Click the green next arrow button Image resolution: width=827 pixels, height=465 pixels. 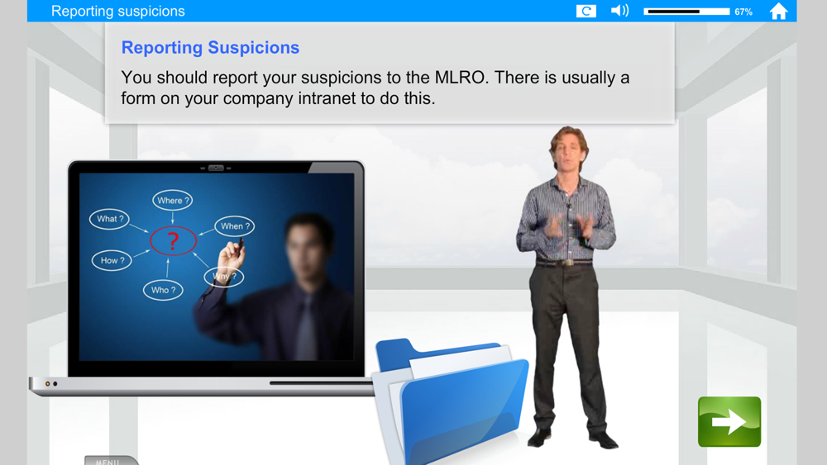point(729,422)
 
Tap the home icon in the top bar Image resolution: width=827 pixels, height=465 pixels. point(778,11)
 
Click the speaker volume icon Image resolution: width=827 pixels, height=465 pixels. point(619,11)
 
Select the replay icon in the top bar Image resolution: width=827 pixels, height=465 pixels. point(586,11)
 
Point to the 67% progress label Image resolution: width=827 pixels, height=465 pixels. point(743,12)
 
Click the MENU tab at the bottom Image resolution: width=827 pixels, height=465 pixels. point(112,460)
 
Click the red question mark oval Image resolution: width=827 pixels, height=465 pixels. point(173,240)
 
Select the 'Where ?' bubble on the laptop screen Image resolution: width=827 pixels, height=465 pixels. point(173,200)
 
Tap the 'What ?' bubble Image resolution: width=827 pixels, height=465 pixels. point(109,219)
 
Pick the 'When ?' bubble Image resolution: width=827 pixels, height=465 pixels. point(235,226)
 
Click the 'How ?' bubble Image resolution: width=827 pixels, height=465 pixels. point(112,260)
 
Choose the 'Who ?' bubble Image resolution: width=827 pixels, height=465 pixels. point(163,290)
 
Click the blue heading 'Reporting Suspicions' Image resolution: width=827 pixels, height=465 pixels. point(210,47)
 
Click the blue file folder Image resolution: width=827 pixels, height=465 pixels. point(452,401)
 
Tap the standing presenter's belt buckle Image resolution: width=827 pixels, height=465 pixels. point(568,262)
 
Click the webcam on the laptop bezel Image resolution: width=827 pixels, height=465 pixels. point(216,168)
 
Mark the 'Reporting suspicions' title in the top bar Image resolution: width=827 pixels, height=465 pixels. point(118,11)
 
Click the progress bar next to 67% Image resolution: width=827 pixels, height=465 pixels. point(686,11)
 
